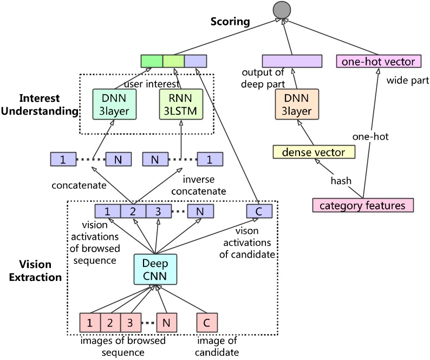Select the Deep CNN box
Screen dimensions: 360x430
pyautogui.click(x=155, y=269)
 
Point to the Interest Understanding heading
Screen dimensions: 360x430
pyautogui.click(x=41, y=105)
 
